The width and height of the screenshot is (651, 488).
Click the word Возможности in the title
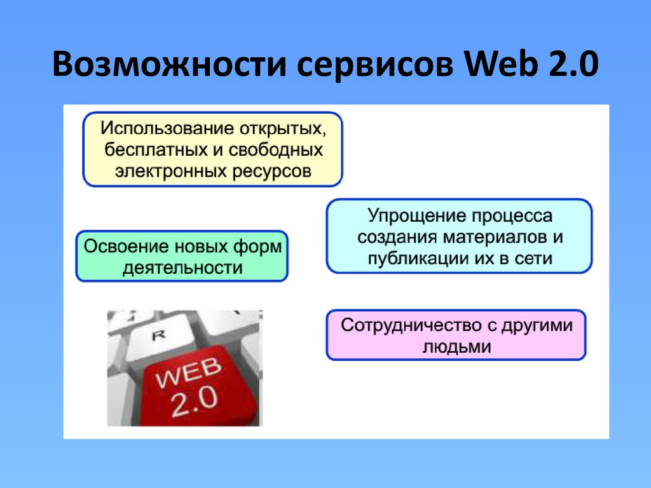coord(169,64)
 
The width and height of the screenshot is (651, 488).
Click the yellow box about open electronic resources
coord(212,149)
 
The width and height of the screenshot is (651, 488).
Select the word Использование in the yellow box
coord(168,128)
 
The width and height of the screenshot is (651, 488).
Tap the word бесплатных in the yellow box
coord(156,149)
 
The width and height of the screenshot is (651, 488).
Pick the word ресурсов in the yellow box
coord(271,172)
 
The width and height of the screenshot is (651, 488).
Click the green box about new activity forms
coord(182,256)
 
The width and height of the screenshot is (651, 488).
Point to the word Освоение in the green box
coord(127,246)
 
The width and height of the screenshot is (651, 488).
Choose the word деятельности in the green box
coord(182,268)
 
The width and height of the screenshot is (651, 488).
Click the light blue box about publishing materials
coord(459,236)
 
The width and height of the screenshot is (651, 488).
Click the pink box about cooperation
coord(456,335)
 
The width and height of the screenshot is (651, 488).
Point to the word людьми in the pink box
coord(456,347)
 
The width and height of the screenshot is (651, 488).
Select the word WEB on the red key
coord(188,372)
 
